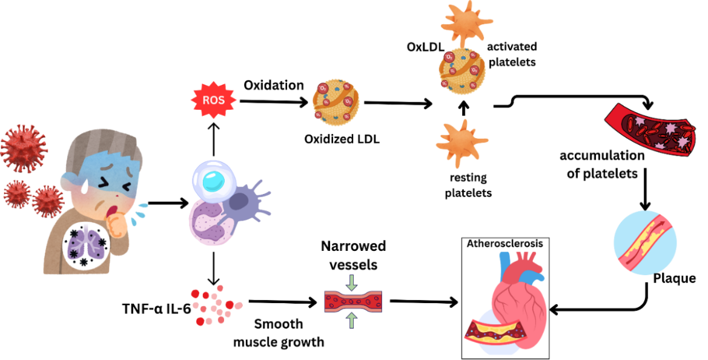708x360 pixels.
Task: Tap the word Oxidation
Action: [x=274, y=85]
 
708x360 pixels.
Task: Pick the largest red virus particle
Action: [x=23, y=146]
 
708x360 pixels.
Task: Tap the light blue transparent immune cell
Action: [x=213, y=181]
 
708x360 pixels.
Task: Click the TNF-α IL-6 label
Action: [x=156, y=308]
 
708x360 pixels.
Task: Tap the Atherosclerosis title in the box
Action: [x=505, y=243]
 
